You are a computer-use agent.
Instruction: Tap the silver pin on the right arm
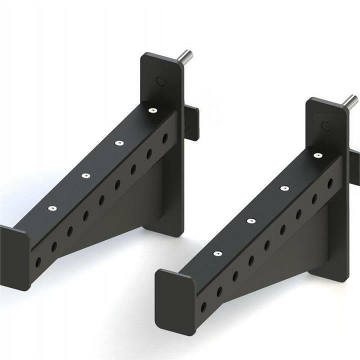pyautogui.click(x=350, y=101)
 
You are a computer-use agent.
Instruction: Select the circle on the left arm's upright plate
pyautogui.click(x=160, y=80)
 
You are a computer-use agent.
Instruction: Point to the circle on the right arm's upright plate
pyautogui.click(x=325, y=126)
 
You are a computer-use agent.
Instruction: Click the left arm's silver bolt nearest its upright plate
pyautogui.click(x=152, y=110)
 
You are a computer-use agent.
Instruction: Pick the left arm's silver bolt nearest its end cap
pyautogui.click(x=52, y=208)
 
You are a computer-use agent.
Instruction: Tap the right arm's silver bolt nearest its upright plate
pyautogui.click(x=317, y=155)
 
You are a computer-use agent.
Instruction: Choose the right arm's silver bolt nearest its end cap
pyautogui.click(x=217, y=253)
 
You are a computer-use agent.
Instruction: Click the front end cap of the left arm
pyautogui.click(x=14, y=257)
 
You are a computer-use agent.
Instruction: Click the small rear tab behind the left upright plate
pyautogui.click(x=191, y=123)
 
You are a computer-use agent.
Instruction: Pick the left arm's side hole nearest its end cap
pyautogui.click(x=38, y=261)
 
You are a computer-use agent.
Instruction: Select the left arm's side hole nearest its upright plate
pyautogui.click(x=165, y=138)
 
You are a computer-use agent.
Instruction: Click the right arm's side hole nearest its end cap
pyautogui.click(x=203, y=306)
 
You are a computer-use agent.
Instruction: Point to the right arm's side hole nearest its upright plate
pyautogui.click(x=330, y=183)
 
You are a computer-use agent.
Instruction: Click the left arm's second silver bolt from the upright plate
pyautogui.click(x=119, y=143)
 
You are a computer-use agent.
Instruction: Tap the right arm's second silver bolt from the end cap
pyautogui.click(x=251, y=220)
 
